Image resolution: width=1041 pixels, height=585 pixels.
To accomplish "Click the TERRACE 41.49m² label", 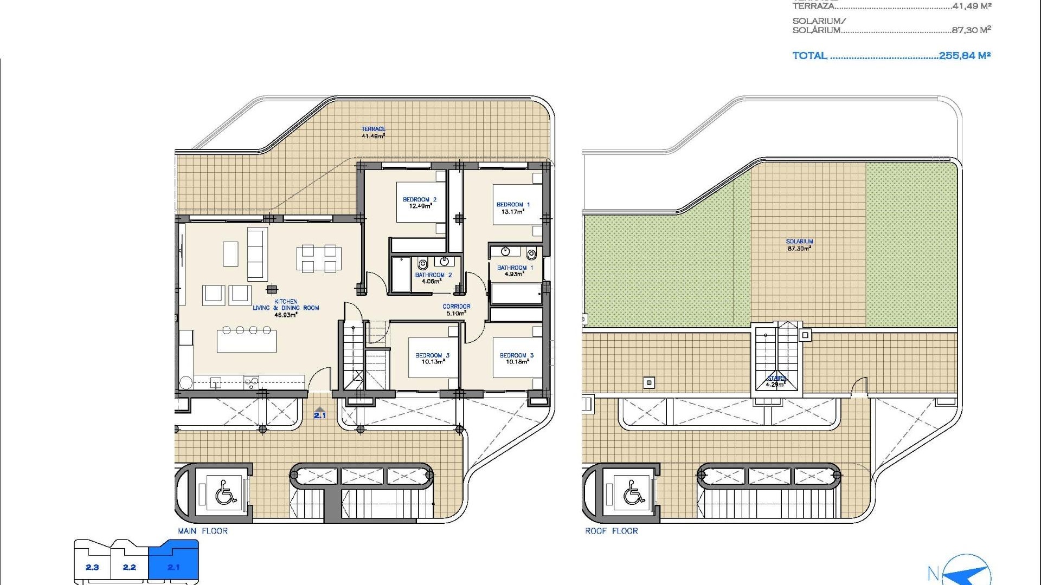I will (373, 133).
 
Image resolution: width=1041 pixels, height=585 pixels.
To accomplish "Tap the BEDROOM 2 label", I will (420, 203).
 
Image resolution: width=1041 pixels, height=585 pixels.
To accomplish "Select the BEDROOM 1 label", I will (513, 208).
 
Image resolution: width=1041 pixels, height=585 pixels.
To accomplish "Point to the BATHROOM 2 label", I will (433, 278).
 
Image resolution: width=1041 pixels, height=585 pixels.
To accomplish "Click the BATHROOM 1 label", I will (515, 270).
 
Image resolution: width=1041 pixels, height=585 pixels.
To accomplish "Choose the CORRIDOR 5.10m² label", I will (456, 309).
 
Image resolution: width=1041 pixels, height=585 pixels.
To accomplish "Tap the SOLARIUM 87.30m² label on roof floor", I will (799, 245).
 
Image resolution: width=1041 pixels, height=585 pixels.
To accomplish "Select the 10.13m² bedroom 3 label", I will (432, 358).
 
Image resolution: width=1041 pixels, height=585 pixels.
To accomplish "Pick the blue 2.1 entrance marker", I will (320, 413).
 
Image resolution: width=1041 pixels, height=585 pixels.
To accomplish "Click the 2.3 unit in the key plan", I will (92, 567).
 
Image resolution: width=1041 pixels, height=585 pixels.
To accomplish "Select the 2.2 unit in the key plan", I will (129, 567).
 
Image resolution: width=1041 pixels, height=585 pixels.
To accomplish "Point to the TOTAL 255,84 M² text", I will (891, 55).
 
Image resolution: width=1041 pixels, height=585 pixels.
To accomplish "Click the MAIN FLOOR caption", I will (203, 531).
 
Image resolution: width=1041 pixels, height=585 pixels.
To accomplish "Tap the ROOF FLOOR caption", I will (611, 531).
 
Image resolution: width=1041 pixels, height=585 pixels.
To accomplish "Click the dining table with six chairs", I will (319, 258).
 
